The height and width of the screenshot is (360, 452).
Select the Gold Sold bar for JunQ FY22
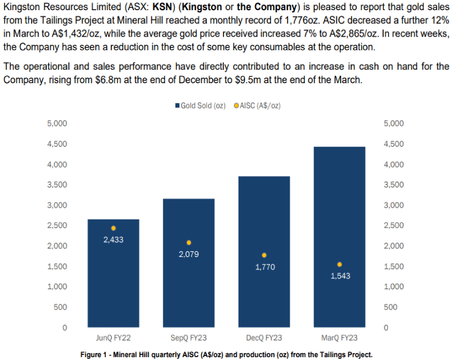click(x=113, y=283)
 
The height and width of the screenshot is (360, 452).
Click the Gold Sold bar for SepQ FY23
click(x=188, y=283)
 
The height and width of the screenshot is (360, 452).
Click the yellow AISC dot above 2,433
click(x=113, y=228)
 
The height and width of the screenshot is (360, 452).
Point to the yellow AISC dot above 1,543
click(x=339, y=264)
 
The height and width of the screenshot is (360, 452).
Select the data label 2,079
click(x=188, y=255)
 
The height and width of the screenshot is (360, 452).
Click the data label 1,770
click(x=264, y=267)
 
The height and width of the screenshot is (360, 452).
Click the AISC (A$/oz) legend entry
click(x=257, y=106)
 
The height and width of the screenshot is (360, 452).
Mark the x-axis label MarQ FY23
click(x=339, y=338)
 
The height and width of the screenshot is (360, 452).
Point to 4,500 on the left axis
click(x=55, y=144)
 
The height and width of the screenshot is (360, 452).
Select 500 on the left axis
click(x=60, y=307)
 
